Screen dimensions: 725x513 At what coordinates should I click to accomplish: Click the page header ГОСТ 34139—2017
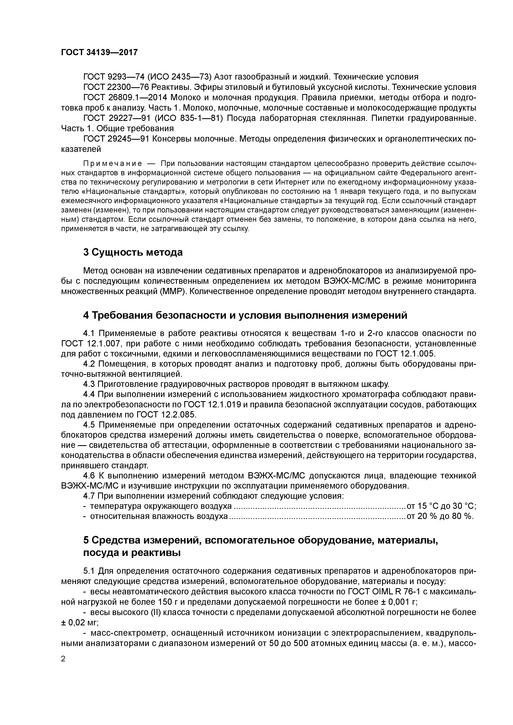[99, 52]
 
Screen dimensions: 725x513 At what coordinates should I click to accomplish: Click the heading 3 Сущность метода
[133, 252]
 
